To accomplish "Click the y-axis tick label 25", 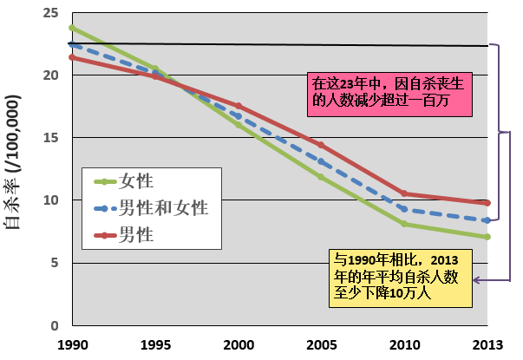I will [51, 13].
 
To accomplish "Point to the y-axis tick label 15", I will [51, 138].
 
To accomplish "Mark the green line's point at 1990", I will [71, 27].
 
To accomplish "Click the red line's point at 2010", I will [405, 193].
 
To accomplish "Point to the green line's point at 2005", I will [322, 177].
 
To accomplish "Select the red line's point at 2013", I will [488, 203].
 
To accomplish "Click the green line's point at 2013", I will [488, 237].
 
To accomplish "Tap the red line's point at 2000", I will [238, 106].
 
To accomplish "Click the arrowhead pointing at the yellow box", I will [477, 279].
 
